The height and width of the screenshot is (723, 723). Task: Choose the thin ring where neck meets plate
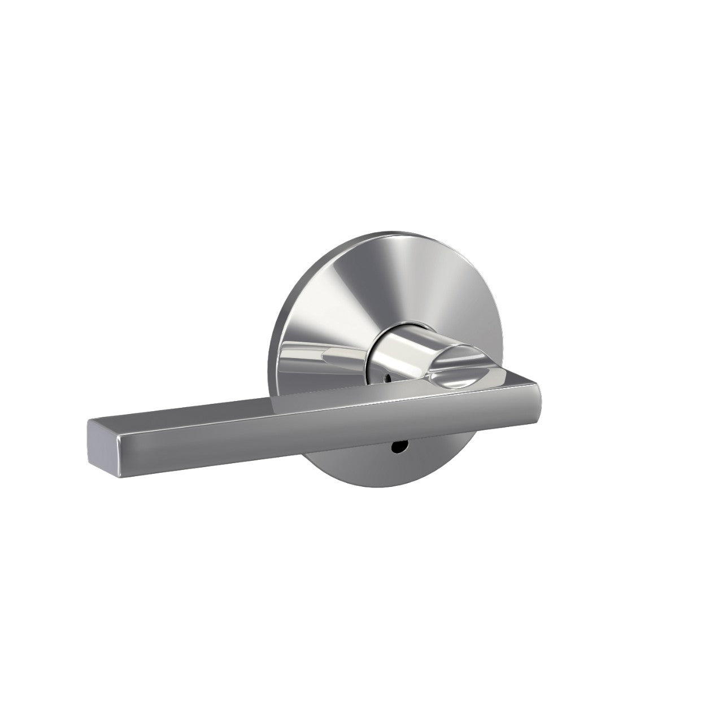click(x=365, y=350)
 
